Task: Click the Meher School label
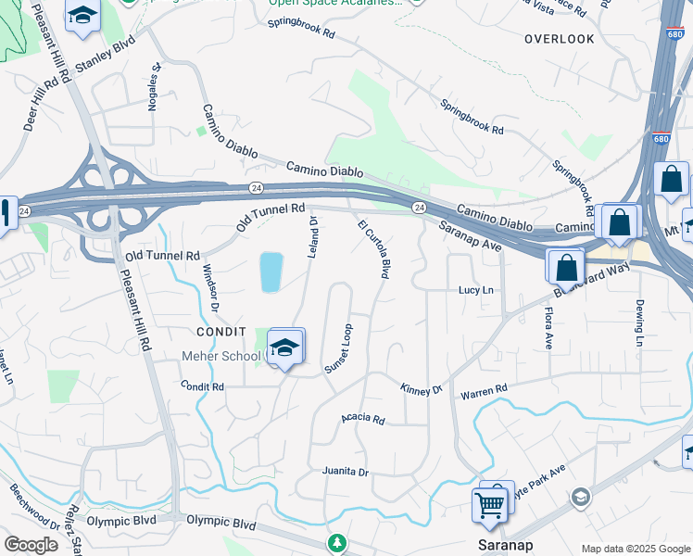point(222,356)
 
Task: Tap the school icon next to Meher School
point(286,347)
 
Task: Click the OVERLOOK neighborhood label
point(559,39)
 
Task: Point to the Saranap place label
point(503,544)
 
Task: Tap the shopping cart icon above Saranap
point(490,505)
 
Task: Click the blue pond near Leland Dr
point(270,272)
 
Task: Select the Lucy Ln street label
point(475,290)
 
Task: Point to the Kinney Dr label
point(422,389)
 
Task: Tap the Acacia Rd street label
point(362,419)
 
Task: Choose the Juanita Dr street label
point(345,472)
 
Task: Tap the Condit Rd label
point(203,385)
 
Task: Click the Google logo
point(31,545)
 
